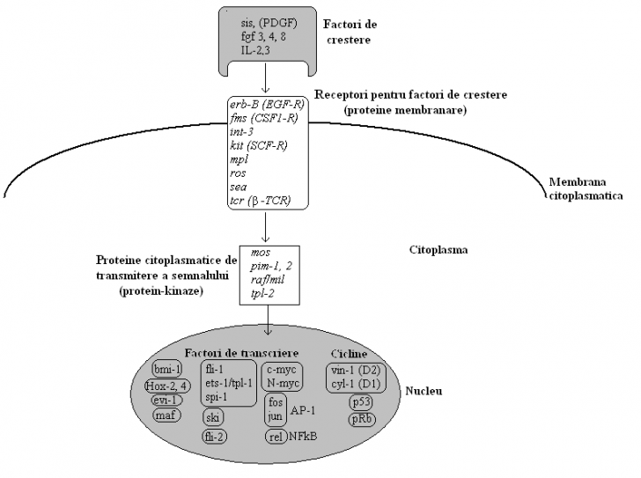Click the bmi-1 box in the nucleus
point(166,369)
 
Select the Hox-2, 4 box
point(167,385)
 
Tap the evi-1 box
point(166,400)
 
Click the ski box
point(214,416)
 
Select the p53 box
point(360,401)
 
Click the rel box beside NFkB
point(276,435)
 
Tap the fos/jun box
point(275,408)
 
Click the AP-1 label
point(305,408)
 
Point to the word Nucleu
point(424,391)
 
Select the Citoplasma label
point(438,249)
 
